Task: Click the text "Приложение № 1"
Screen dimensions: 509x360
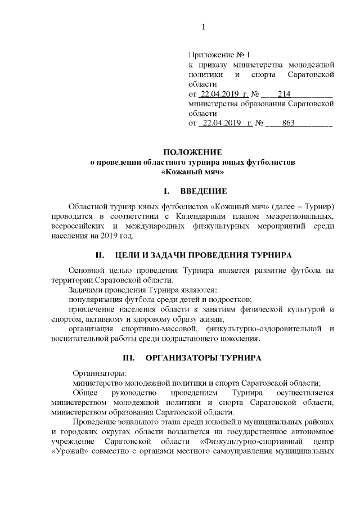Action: [219, 56]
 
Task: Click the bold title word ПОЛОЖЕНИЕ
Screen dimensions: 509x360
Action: [193, 152]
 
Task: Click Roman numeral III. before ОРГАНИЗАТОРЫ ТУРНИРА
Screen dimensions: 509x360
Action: [131, 357]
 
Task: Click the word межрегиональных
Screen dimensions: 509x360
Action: [302, 217]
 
